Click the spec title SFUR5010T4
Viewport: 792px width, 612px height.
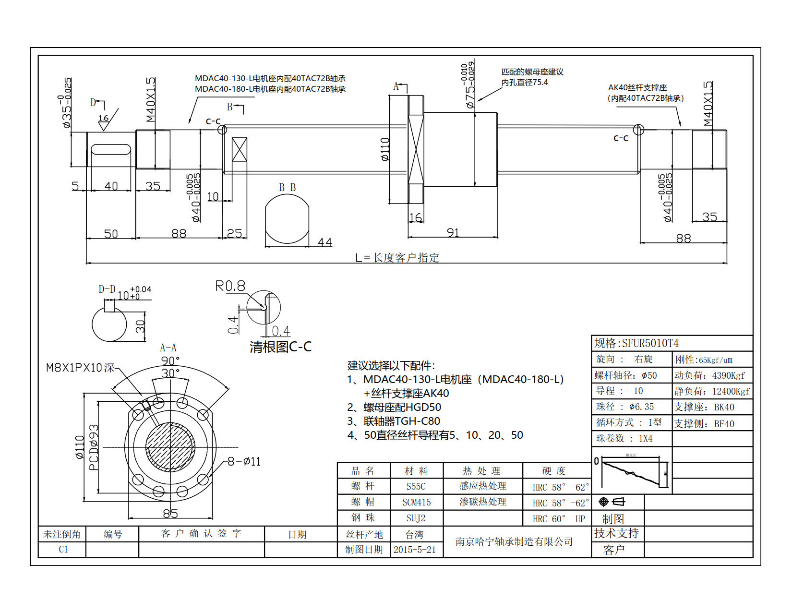point(636,343)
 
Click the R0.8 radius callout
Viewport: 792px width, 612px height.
point(230,287)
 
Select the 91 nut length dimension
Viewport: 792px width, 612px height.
point(453,232)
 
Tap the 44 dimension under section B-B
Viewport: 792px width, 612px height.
point(324,242)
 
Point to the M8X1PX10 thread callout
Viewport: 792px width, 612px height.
point(80,368)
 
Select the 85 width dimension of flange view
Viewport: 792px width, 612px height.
point(170,513)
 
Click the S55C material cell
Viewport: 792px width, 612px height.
point(416,486)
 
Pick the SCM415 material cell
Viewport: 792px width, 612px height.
point(416,502)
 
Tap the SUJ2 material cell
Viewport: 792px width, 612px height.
point(416,518)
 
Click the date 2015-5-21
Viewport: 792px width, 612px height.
point(415,550)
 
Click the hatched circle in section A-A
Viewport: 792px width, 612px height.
point(170,447)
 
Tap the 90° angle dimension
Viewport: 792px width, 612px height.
point(170,360)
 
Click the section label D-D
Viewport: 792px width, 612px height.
point(107,289)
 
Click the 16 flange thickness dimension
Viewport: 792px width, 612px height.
point(415,217)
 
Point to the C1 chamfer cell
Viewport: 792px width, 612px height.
point(63,549)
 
